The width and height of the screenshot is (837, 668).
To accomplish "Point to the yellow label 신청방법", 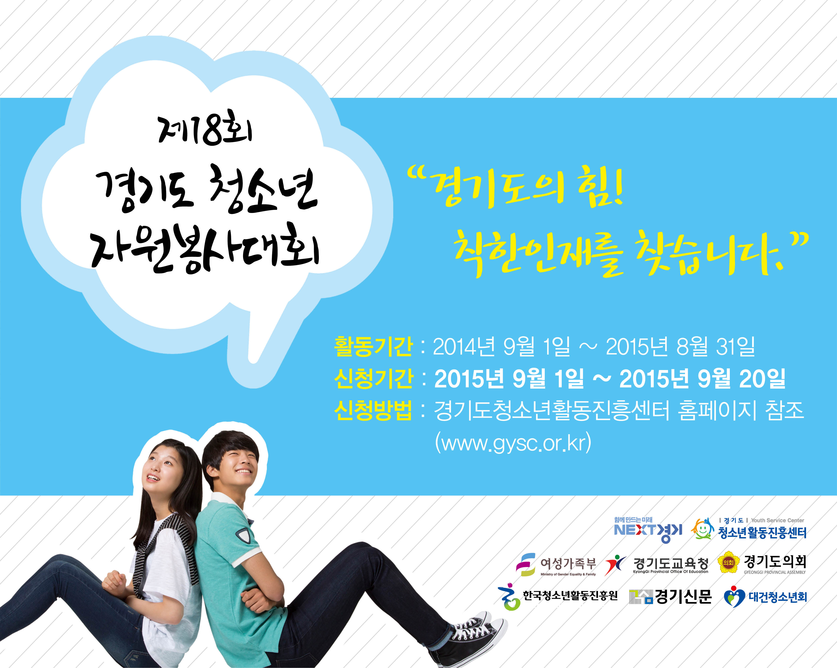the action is (x=373, y=410).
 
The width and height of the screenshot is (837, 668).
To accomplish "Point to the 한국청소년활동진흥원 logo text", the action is (x=570, y=595).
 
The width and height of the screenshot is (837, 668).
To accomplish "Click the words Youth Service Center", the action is (x=777, y=520).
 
